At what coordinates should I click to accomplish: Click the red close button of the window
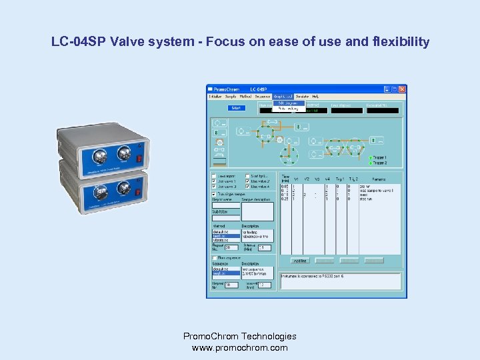(402, 89)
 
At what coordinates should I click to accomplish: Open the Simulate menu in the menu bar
(302, 97)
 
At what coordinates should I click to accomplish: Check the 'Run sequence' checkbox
(214, 256)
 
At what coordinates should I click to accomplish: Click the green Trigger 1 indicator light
(371, 158)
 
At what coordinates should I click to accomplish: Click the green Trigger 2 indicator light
(371, 163)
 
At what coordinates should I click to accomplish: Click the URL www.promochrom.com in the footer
(240, 347)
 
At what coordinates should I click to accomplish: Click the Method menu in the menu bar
(245, 97)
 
